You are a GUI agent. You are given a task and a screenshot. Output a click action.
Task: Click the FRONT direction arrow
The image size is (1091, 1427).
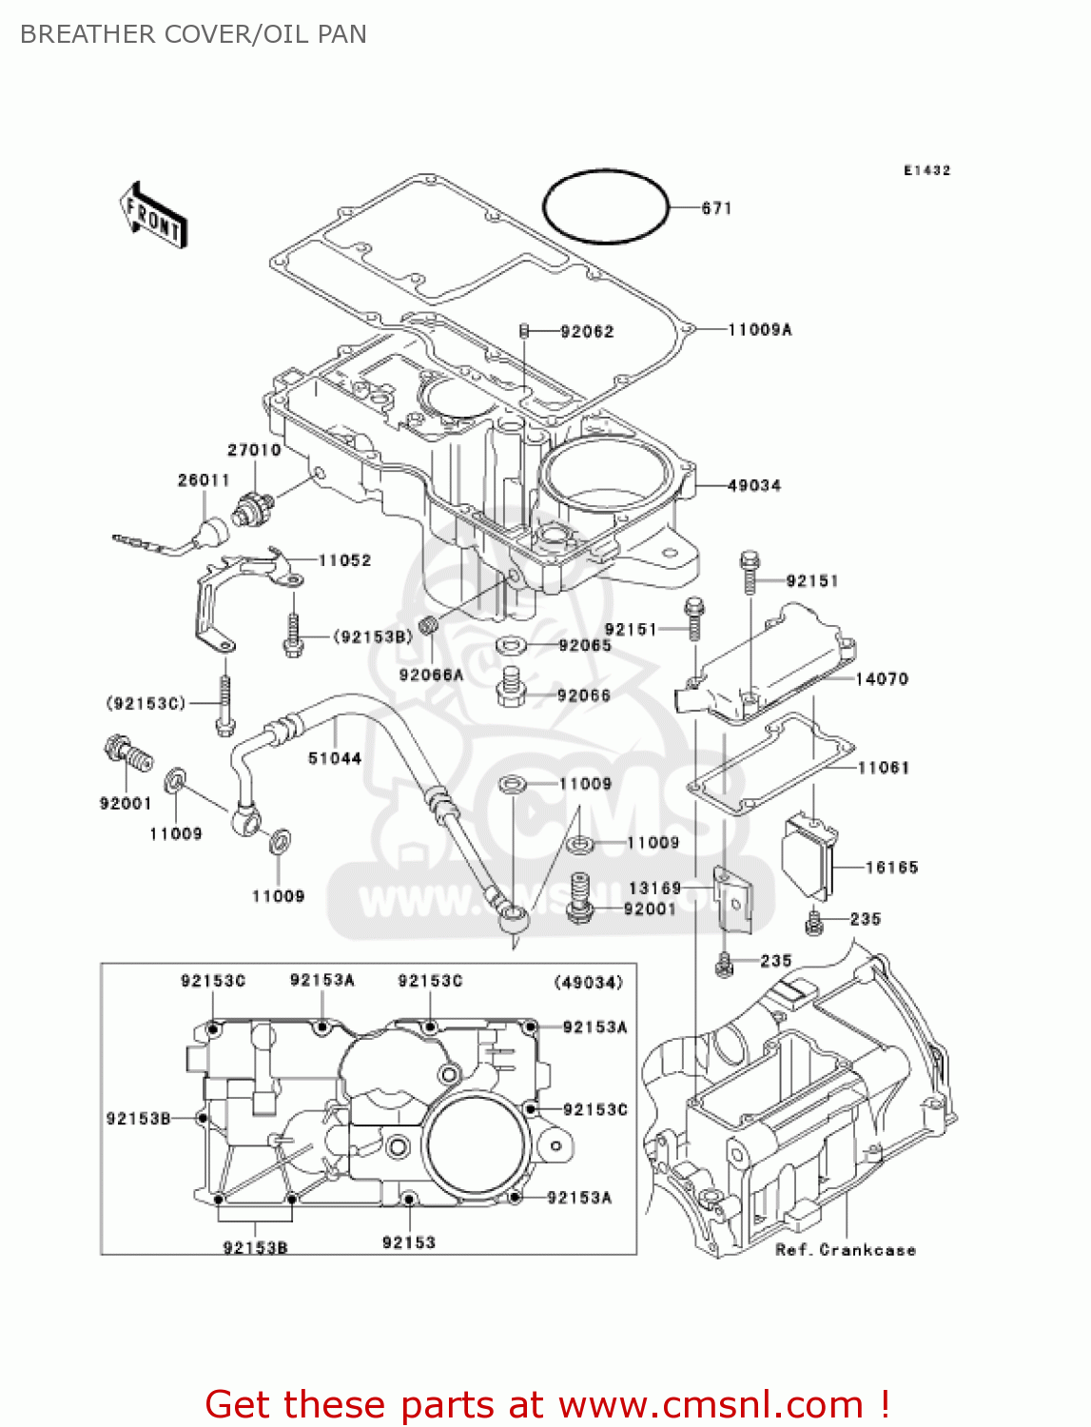point(153,216)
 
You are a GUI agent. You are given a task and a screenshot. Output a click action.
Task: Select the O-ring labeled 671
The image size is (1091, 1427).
point(606,206)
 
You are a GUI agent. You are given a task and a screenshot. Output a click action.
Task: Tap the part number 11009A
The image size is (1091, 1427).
point(759,330)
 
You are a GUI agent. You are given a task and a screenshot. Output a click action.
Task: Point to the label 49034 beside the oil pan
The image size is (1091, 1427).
point(753,486)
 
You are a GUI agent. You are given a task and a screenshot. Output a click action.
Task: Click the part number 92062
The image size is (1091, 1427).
point(587,332)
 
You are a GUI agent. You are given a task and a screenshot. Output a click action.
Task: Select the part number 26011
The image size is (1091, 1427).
point(204,480)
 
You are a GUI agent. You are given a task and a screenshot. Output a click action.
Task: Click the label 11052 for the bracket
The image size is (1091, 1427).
point(344,561)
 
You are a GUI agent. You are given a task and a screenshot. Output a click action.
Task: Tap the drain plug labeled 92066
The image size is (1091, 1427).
point(512,687)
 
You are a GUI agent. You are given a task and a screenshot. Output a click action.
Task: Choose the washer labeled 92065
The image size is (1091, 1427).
point(512,647)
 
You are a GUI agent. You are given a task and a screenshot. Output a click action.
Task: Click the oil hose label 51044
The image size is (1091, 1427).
point(335,759)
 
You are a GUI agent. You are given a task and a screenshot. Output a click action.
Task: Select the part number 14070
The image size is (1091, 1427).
point(882,679)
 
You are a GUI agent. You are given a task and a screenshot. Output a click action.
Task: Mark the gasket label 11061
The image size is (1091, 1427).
point(884,768)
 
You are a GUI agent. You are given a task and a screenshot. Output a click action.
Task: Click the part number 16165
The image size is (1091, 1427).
point(891,868)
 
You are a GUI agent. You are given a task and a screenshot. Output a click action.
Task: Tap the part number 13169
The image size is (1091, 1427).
point(654,889)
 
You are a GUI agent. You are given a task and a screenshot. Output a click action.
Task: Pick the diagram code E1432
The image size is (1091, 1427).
point(926,171)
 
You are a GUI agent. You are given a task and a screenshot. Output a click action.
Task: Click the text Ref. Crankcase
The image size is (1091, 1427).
point(846,1250)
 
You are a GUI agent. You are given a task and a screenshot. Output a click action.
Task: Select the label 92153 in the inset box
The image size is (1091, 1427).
point(408,1242)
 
